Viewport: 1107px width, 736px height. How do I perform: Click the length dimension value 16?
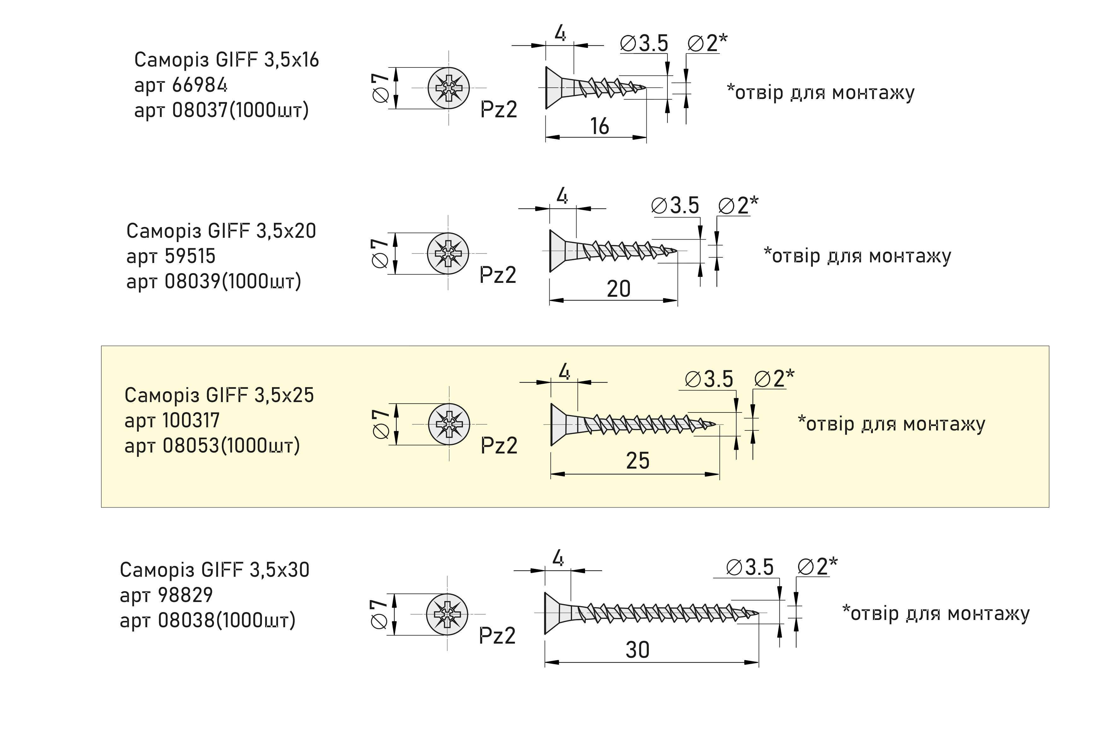(x=599, y=126)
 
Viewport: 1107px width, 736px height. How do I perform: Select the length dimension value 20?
(x=618, y=289)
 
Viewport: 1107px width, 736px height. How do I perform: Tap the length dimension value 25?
(x=637, y=460)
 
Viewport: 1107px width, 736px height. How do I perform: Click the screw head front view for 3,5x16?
(x=448, y=88)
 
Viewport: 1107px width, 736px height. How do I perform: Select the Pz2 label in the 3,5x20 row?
(x=498, y=275)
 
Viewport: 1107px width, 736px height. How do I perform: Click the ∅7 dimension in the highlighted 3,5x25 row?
(x=381, y=424)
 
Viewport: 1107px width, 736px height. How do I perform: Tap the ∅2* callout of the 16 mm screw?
(x=707, y=43)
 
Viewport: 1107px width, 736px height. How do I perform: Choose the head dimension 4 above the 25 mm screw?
(x=564, y=372)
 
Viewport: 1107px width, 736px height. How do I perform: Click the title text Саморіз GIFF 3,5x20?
(x=221, y=231)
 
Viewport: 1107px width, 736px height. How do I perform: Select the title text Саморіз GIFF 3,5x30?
(x=214, y=570)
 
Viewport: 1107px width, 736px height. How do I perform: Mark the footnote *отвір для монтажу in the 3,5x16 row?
(x=820, y=92)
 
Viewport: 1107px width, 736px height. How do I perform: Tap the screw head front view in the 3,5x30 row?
(x=447, y=614)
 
